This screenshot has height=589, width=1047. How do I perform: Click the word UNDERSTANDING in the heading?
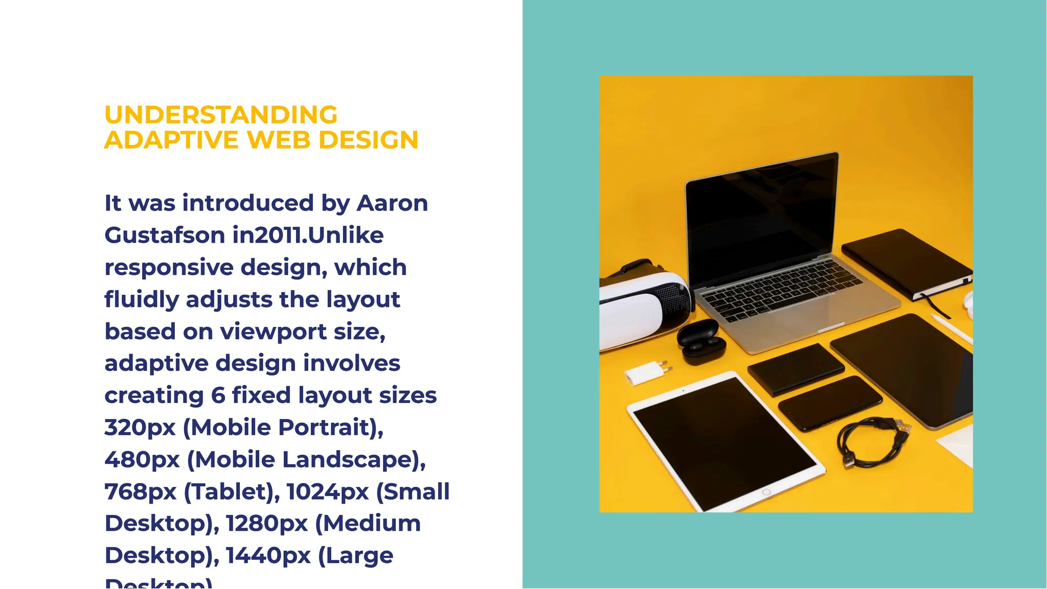(221, 115)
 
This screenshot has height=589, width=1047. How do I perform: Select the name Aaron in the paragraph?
(392, 203)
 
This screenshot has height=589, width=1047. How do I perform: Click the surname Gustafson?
(165, 235)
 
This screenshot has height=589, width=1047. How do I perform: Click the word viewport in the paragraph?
(273, 332)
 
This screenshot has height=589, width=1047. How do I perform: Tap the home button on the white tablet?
(766, 492)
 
